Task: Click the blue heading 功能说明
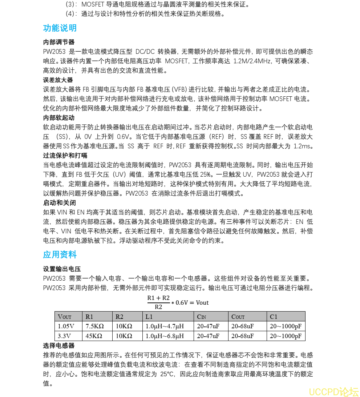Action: tap(60, 28)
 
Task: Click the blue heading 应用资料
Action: tap(60, 255)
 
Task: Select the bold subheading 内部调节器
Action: tap(59, 42)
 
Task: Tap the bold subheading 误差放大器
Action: tap(58, 80)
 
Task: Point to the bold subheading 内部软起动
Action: tap(59, 118)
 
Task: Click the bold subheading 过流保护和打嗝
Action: tap(65, 156)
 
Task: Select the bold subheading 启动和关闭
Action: tap(59, 203)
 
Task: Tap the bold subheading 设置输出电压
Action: tap(62, 269)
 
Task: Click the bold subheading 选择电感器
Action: tap(59, 345)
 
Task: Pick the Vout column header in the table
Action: tap(65, 317)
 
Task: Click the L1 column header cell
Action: tap(149, 317)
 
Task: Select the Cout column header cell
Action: tap(238, 317)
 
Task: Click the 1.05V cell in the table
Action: tap(66, 326)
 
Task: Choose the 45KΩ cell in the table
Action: tap(94, 336)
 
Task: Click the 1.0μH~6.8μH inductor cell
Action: tap(165, 336)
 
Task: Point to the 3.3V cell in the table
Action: tap(64, 336)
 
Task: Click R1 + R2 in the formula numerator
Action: tap(158, 298)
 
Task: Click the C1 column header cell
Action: tap(274, 317)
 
